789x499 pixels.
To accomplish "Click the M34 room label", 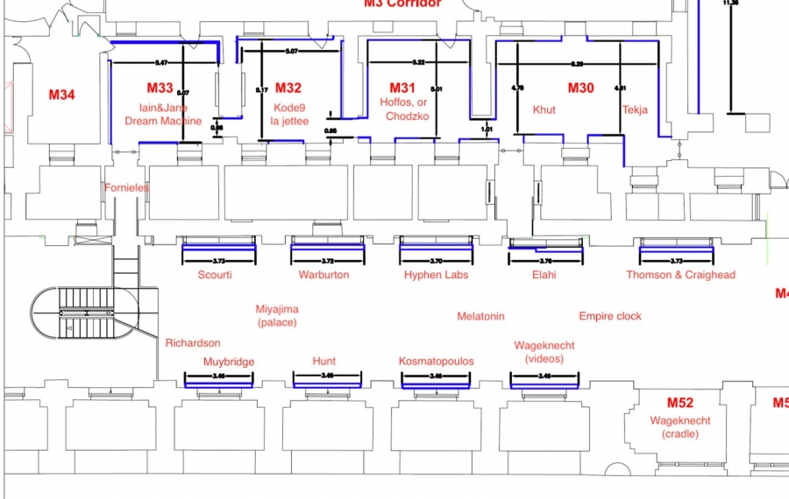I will click(62, 95).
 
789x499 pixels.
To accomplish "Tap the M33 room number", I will click(160, 88).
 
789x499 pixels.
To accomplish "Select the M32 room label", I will click(288, 88).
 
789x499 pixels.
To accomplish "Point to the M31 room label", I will click(402, 88).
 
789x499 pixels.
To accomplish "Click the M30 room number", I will click(580, 88).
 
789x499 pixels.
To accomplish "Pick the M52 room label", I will click(680, 403).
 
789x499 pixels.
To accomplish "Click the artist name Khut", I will click(544, 110).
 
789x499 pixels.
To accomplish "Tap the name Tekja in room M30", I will click(636, 109).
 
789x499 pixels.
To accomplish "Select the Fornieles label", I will click(127, 187).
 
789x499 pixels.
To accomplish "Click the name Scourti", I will click(215, 275).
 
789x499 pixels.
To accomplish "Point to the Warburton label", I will click(323, 275).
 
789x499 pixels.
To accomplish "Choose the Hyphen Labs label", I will click(436, 275).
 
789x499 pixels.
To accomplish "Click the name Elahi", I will click(544, 275).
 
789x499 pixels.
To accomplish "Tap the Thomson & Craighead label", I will click(680, 275).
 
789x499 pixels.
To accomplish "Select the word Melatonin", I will click(481, 316).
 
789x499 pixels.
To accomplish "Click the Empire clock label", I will click(610, 316).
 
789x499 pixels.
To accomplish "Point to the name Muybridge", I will click(229, 362).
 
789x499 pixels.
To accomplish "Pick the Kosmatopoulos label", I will click(436, 362).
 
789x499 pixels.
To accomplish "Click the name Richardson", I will click(193, 343).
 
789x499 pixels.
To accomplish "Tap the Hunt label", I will click(324, 362).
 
